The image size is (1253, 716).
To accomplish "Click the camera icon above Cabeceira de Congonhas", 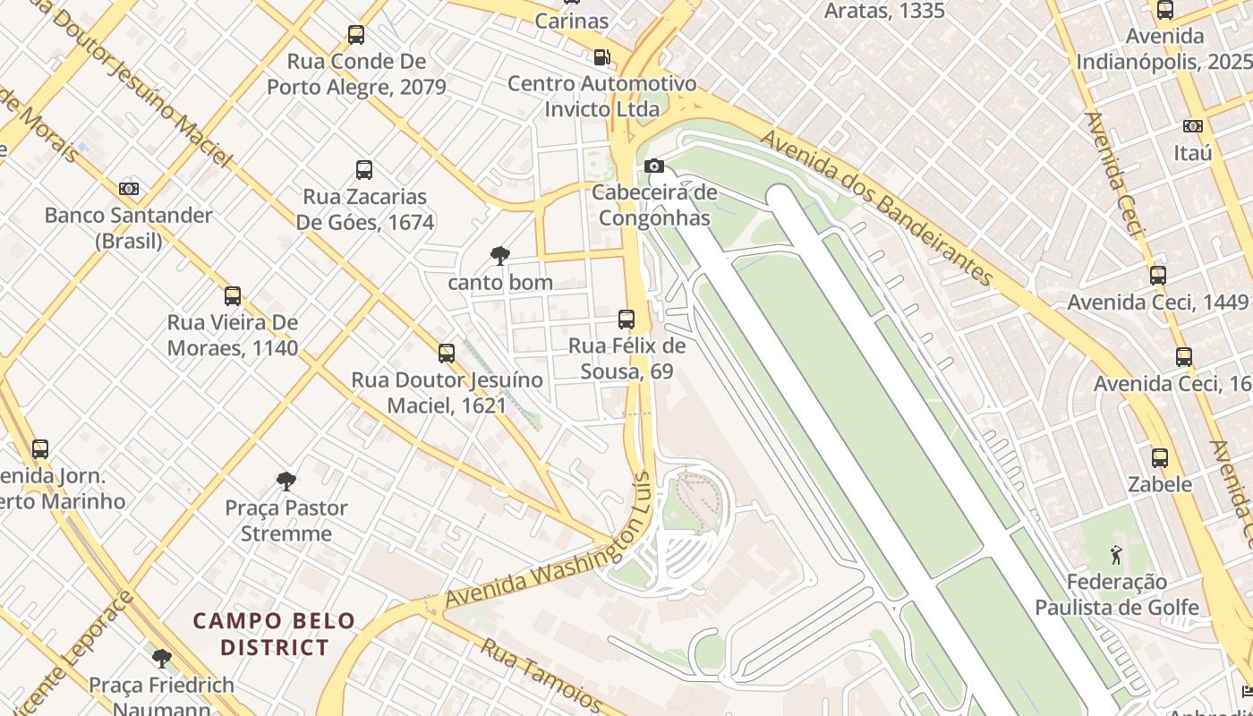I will (x=654, y=166).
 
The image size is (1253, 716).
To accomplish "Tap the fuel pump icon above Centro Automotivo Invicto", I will (x=602, y=57).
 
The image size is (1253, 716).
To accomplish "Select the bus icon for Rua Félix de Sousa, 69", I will (x=626, y=320).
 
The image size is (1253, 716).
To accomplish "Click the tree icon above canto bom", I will (x=499, y=257).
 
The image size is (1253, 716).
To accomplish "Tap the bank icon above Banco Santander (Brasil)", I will (x=129, y=189).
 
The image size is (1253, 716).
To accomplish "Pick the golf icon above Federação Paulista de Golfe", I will (x=1116, y=556).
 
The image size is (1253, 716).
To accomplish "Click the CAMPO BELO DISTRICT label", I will (x=275, y=634).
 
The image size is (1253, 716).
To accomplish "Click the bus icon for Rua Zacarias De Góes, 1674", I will (x=364, y=170).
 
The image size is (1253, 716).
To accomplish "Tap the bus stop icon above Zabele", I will (x=1160, y=458).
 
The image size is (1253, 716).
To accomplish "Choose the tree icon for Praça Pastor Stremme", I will (x=286, y=482).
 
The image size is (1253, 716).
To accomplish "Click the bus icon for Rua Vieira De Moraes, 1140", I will (x=233, y=296).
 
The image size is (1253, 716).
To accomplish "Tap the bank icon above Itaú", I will (x=1193, y=126).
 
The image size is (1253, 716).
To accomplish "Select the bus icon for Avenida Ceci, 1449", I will (x=1158, y=276).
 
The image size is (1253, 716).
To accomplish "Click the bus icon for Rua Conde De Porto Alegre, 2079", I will (x=356, y=35).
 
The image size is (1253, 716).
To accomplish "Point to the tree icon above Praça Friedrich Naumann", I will (x=162, y=659).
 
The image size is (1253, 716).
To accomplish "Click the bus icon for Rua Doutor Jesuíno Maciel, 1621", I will (x=447, y=354).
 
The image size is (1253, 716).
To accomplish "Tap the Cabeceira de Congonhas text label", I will (x=654, y=205).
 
